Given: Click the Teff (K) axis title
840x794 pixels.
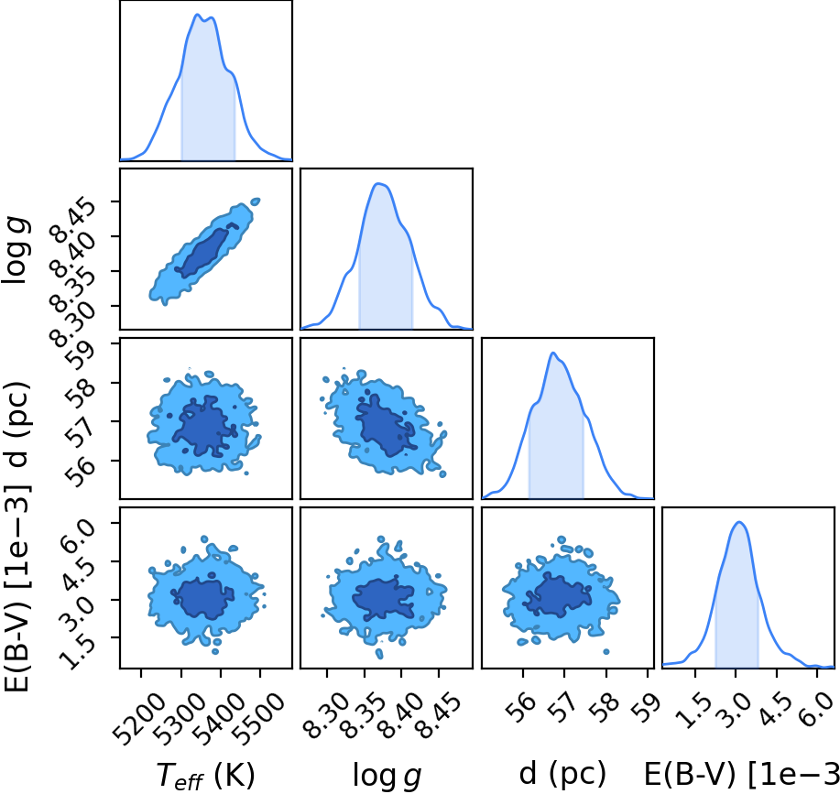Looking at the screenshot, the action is coord(206,775).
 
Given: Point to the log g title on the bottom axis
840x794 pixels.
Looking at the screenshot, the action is coord(387,775).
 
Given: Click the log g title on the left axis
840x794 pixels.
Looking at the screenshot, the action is coord(17,249).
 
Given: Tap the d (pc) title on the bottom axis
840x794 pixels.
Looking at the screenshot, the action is coord(562,774).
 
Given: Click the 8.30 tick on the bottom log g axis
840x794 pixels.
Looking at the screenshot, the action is coord(322,713).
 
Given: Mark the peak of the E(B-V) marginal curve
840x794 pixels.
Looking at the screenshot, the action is coord(739,522).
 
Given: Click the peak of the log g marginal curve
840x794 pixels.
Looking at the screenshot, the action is coord(379,184).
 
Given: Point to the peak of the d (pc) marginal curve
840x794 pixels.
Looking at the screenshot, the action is coord(553,353).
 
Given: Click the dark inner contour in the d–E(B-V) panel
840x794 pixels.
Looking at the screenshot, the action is coord(556,595).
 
